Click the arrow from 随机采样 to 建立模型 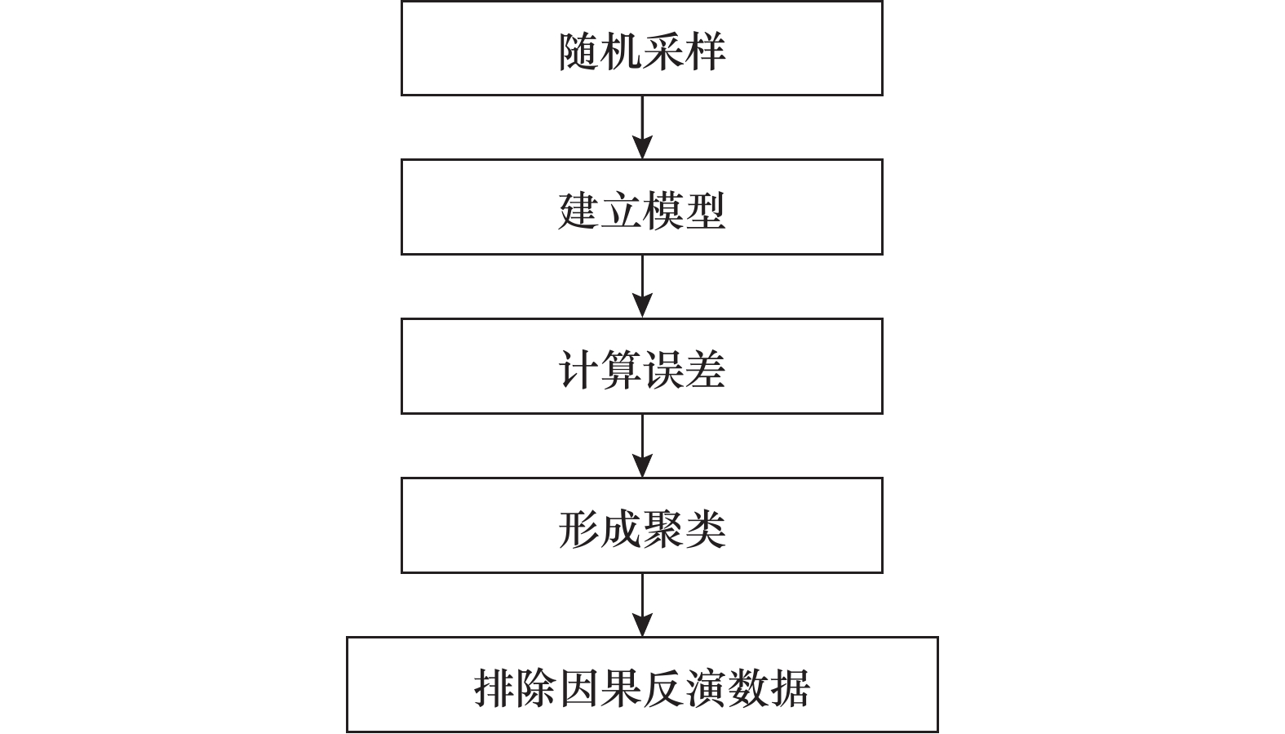click(x=642, y=127)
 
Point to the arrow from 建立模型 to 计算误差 click(x=642, y=286)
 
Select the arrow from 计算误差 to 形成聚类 click(x=642, y=445)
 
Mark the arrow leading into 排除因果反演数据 click(x=642, y=604)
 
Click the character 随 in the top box click(x=578, y=51)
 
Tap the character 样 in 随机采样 click(x=706, y=51)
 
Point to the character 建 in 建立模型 click(x=578, y=211)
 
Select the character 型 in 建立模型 click(x=706, y=211)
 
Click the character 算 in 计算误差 click(x=621, y=370)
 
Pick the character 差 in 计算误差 click(x=706, y=370)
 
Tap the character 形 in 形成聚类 click(x=578, y=529)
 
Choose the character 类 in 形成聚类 click(x=706, y=529)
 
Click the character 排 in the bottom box click(x=494, y=688)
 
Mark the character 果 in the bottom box click(x=621, y=688)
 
